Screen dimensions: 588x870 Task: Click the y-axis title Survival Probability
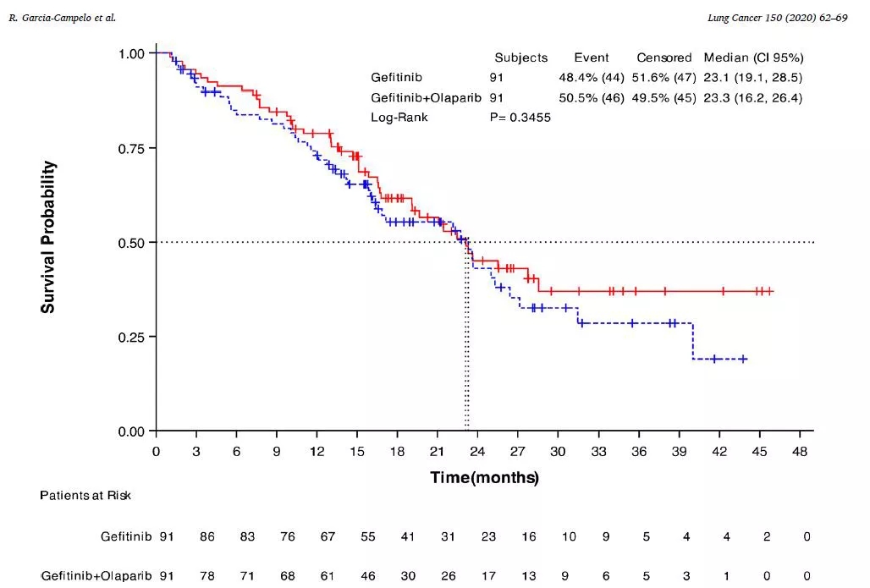48,237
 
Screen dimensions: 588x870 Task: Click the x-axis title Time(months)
484,477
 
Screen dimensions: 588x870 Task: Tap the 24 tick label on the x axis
476,452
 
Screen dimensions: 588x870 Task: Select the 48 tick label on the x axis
799,452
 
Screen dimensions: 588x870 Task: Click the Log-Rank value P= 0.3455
520,117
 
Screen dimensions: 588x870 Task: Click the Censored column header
664,58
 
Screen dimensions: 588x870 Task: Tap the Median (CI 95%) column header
753,58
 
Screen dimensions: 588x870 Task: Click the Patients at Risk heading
85,495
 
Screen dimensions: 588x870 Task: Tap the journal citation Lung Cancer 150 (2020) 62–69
777,17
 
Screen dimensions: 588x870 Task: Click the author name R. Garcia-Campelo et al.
62,17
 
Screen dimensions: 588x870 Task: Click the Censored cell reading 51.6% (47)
664,78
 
